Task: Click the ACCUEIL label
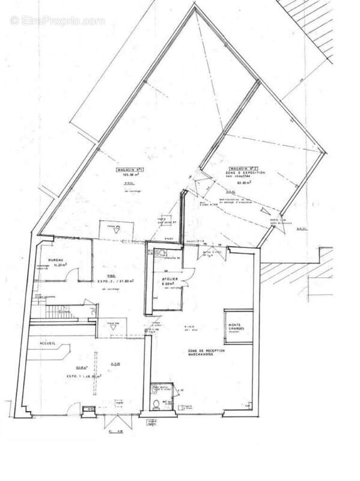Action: click(x=47, y=343)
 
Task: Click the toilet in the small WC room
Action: click(x=156, y=404)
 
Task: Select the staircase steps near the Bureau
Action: click(x=60, y=311)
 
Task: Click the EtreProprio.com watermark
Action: click(x=57, y=20)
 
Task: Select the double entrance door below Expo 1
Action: click(x=116, y=420)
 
